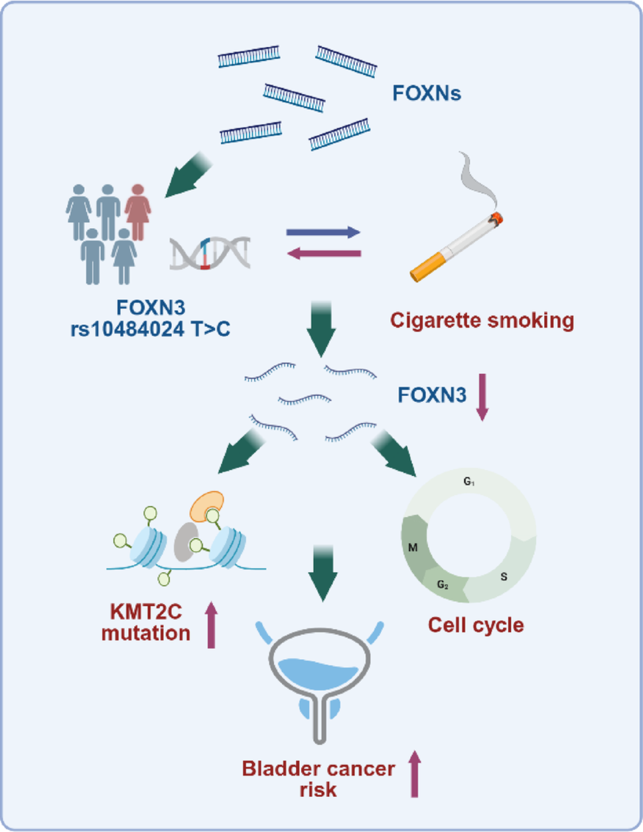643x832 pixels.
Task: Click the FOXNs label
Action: (x=427, y=93)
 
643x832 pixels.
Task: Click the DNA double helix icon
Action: (x=210, y=253)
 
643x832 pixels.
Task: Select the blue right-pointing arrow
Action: (x=323, y=232)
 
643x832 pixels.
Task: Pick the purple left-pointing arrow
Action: (x=324, y=253)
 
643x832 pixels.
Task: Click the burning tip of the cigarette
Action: (x=496, y=219)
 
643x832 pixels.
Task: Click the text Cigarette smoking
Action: (x=482, y=320)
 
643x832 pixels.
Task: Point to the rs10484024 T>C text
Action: (x=150, y=329)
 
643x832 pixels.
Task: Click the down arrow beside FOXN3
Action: (x=482, y=397)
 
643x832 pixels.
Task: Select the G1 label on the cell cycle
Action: (x=469, y=482)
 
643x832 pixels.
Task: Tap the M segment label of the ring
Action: (x=413, y=548)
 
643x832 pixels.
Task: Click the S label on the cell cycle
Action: (x=504, y=577)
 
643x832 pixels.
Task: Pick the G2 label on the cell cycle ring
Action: (x=443, y=585)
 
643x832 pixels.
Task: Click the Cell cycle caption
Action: (x=476, y=625)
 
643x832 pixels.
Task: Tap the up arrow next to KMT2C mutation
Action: (x=211, y=624)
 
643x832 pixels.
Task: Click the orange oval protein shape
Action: (x=207, y=506)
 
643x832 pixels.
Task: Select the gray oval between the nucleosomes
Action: (x=186, y=542)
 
